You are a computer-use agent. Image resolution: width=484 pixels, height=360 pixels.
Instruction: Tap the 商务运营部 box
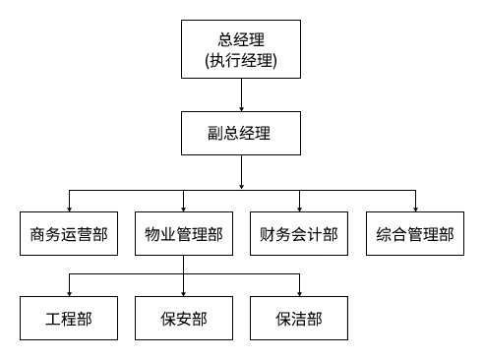[x=68, y=235]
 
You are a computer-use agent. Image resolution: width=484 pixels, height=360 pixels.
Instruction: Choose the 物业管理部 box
[x=183, y=235]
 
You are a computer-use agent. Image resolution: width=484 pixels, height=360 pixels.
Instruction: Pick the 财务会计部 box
[x=299, y=235]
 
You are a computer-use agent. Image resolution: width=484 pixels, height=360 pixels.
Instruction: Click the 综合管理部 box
[x=415, y=235]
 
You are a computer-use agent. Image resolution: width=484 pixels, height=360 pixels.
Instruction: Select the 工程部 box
[x=68, y=319]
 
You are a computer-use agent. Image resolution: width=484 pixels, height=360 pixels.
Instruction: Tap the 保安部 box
[x=183, y=319]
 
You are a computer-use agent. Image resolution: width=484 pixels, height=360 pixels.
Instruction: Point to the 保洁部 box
[x=299, y=319]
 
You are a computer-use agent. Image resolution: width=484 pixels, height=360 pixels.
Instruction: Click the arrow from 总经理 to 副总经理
[x=241, y=94]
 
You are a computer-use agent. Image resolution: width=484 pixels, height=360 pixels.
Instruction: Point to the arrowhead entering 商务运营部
[x=68, y=206]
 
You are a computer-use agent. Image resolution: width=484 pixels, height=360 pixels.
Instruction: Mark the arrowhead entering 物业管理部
[x=183, y=206]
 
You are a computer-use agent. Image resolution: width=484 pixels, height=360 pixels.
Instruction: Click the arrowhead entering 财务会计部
[x=299, y=206]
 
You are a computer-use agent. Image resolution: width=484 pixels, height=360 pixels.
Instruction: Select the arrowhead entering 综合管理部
[x=415, y=206]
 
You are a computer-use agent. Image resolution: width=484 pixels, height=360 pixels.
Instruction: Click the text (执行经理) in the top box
[x=241, y=62]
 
